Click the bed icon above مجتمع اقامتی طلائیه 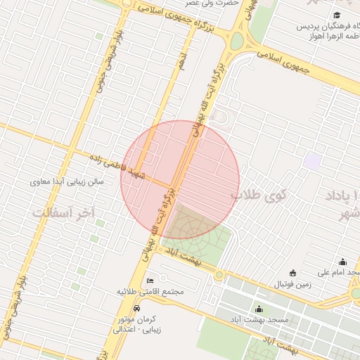coord(150,281)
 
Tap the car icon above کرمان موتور coord(136,309)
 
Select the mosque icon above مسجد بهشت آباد coord(259,309)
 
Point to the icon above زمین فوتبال coord(292,273)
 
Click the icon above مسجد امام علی coord(342,262)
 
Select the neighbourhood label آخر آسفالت coord(63,212)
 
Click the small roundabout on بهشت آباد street coord(219,274)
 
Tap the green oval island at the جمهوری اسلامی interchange coord(237,41)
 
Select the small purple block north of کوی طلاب coord(313,160)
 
